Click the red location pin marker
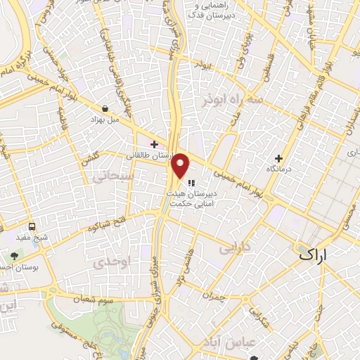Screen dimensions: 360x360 click(181, 165)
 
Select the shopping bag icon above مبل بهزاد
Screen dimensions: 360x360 click(105, 109)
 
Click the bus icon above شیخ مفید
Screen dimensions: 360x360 click(32, 226)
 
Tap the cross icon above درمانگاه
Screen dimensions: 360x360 click(278, 158)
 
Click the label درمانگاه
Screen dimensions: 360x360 click(278, 169)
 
